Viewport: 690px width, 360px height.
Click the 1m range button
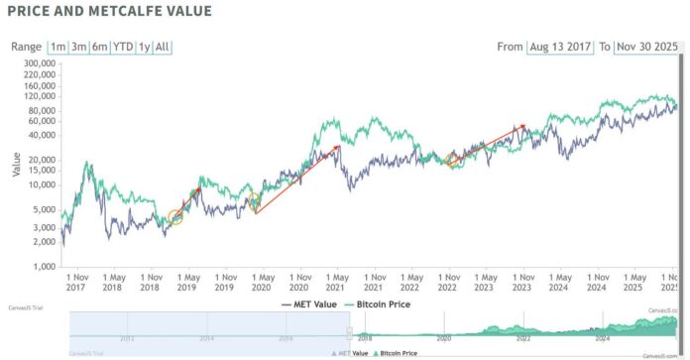58,47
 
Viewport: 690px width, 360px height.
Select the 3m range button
78,47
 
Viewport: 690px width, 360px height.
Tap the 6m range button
99,47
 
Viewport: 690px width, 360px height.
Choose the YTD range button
124,47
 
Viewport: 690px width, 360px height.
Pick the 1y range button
145,47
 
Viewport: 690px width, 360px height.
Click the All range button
163,47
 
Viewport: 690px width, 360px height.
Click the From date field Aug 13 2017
564,47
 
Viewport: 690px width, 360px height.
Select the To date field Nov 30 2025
647,47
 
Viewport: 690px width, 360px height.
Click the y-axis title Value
16,163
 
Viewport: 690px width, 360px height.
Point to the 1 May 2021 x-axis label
338,282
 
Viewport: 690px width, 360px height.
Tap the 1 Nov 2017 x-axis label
76,282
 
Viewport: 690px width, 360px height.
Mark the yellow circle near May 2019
176,217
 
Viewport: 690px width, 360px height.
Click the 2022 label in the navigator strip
523,338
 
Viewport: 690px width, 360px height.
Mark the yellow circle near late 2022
453,160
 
